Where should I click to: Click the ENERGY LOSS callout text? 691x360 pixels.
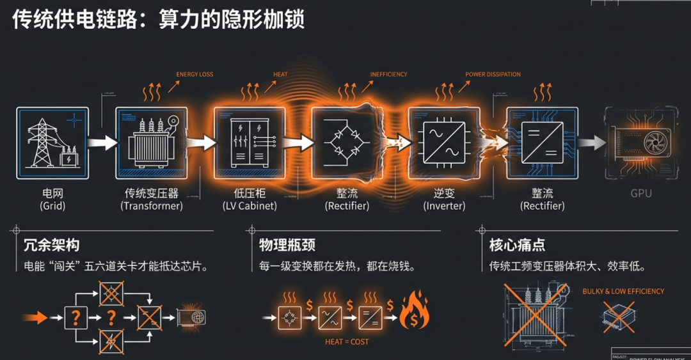coord(195,75)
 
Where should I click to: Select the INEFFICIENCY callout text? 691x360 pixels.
coord(388,75)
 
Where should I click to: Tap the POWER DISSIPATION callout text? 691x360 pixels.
coord(493,75)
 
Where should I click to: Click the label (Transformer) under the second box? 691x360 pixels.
coord(151,206)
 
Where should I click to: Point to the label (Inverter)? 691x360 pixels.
coord(444,206)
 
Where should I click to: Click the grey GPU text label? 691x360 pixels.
coord(641,192)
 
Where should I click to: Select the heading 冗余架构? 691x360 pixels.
coord(52,246)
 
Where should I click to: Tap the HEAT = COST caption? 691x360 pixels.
coord(347,342)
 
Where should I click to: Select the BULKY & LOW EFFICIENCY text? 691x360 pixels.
coord(623,292)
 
